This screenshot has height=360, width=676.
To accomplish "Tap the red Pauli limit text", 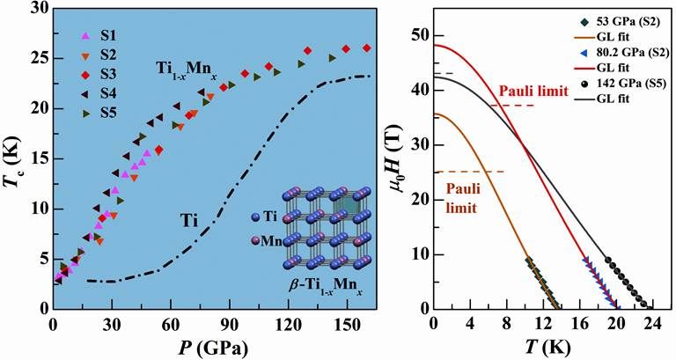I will tap(527, 91).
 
